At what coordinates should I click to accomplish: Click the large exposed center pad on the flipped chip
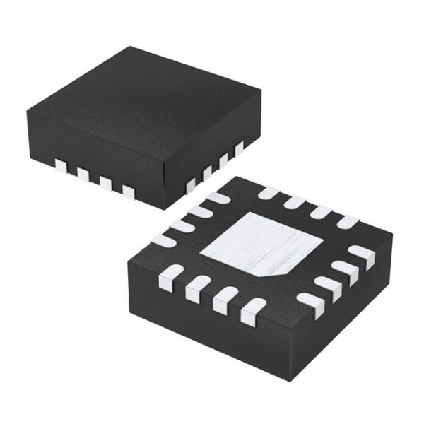coord(260,244)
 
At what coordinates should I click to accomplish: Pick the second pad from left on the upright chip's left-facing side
coord(83,174)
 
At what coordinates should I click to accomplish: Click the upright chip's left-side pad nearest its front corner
coord(128,190)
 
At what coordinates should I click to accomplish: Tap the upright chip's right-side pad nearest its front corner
coord(190,185)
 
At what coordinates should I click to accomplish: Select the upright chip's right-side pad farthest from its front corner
coord(239,147)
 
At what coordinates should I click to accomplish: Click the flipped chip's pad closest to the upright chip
coord(218,199)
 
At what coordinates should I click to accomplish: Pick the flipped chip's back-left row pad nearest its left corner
coord(164,240)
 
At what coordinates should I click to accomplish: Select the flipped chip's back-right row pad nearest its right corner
coord(347,222)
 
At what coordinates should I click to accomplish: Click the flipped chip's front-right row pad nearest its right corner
coord(362,254)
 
